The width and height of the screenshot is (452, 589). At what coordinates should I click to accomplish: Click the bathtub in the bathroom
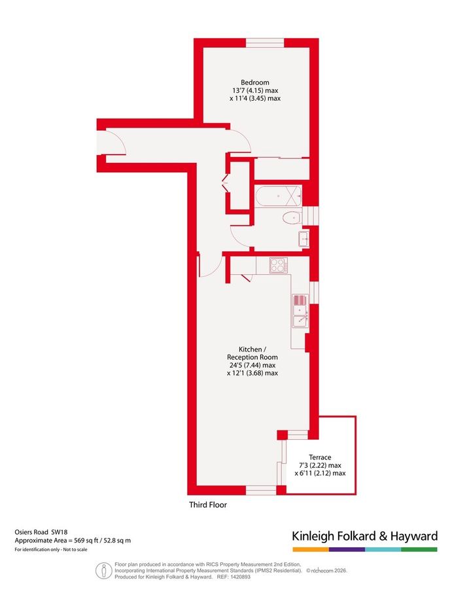[x=278, y=195]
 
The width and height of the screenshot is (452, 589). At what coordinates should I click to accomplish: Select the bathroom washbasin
[x=304, y=238]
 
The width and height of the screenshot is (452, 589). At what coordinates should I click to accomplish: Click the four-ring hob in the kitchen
[x=279, y=265]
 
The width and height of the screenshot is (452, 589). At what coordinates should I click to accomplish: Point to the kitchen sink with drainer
[x=300, y=312]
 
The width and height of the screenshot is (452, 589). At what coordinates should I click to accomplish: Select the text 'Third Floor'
[x=207, y=505]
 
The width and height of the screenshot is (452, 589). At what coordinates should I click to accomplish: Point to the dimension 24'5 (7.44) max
[x=252, y=365]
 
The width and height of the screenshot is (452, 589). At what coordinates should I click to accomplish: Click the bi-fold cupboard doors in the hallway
[x=227, y=185]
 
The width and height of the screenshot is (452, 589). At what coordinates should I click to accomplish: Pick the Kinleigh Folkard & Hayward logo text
[x=364, y=537]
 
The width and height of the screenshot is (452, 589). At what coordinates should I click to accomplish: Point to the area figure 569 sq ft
[x=78, y=541]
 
